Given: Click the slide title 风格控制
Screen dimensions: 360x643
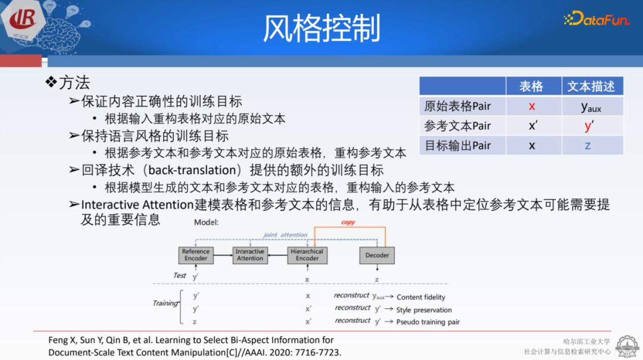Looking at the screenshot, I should pyautogui.click(x=321, y=28).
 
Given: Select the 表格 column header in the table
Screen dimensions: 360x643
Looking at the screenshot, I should pyautogui.click(x=531, y=86).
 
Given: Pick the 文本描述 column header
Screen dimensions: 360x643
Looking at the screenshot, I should pyautogui.click(x=591, y=86).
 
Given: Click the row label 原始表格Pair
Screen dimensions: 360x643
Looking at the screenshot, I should pyautogui.click(x=457, y=107).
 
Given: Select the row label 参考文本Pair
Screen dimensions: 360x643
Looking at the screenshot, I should pyautogui.click(x=457, y=126).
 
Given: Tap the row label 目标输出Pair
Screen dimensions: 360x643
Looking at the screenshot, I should pyautogui.click(x=457, y=146).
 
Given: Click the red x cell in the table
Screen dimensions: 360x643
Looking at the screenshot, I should pyautogui.click(x=532, y=107).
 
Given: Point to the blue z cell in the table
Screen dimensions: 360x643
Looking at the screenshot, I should pyautogui.click(x=588, y=146).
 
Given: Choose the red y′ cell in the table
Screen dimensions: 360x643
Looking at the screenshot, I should pyautogui.click(x=589, y=126).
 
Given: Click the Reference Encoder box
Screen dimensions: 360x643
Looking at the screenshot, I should pyautogui.click(x=196, y=255).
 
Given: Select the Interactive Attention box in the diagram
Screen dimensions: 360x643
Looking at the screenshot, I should pyautogui.click(x=250, y=255).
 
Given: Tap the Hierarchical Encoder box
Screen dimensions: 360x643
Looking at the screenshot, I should pyautogui.click(x=307, y=255).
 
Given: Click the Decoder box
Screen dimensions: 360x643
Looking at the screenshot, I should pyautogui.click(x=377, y=255).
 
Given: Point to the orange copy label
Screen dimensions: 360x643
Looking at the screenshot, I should pyautogui.click(x=348, y=222).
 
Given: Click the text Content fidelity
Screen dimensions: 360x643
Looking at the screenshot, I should pyautogui.click(x=421, y=297).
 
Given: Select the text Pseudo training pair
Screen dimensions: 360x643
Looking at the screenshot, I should pyautogui.click(x=428, y=322).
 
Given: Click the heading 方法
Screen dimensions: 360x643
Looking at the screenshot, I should pyautogui.click(x=74, y=82).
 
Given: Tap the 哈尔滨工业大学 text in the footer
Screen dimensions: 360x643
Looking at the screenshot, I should pyautogui.click(x=586, y=342).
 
